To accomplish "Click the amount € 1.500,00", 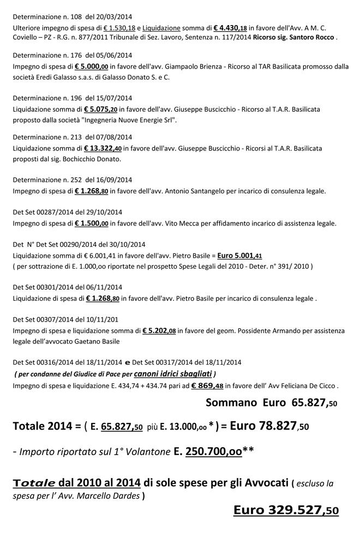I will tap(91, 223).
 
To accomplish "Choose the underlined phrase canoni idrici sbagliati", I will tap(173, 374).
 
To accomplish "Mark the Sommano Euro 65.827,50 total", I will tap(271, 403).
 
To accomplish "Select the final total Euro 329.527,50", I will tap(286, 511).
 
